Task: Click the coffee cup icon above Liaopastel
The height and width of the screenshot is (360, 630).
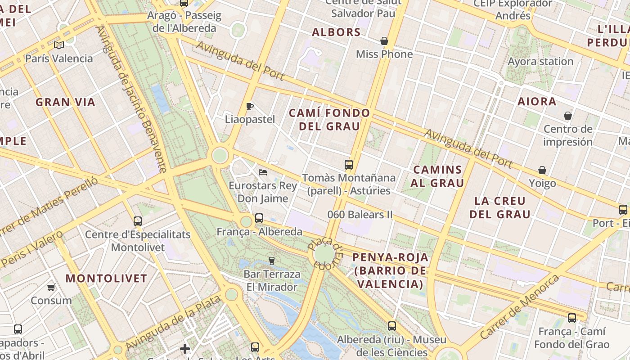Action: click(x=250, y=107)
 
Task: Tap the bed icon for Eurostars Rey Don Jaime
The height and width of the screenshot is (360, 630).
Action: click(x=263, y=172)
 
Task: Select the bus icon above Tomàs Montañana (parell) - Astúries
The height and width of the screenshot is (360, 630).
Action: click(x=349, y=165)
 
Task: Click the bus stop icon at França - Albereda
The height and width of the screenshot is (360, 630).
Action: click(x=259, y=218)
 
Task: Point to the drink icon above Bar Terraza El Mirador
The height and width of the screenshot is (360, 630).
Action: click(x=271, y=261)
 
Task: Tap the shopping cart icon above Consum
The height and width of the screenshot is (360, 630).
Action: click(x=51, y=287)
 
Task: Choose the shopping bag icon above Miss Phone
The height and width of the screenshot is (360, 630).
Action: click(x=384, y=41)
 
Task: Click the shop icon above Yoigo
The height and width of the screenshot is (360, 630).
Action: click(x=542, y=171)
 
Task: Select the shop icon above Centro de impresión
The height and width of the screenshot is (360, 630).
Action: click(x=568, y=116)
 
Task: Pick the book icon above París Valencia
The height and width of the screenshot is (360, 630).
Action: click(x=59, y=45)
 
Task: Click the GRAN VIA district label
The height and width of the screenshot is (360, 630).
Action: click(x=66, y=102)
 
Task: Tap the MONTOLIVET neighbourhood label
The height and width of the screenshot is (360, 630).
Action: click(x=106, y=278)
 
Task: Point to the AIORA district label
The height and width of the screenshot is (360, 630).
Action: click(x=537, y=102)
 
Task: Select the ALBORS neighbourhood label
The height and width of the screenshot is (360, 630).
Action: click(x=336, y=32)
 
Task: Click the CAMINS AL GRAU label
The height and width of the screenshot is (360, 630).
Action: click(x=437, y=176)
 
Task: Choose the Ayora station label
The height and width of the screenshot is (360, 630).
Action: click(x=540, y=61)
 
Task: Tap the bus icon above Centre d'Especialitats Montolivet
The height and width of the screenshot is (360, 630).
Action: click(x=138, y=221)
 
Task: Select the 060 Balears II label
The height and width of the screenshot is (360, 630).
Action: click(x=360, y=215)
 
